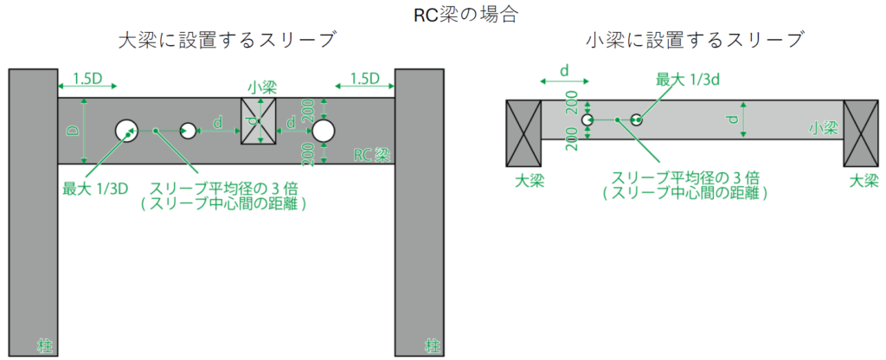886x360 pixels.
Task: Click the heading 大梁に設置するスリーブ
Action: coord(227,40)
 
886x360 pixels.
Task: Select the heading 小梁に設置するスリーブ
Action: coord(695,40)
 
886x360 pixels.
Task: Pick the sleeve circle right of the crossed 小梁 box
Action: coord(324,131)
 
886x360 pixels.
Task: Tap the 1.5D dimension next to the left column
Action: coord(87,79)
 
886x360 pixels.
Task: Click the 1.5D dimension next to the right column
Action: coord(364,79)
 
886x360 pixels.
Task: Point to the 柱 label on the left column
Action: coord(43,345)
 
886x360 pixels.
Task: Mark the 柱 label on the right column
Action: coord(431,345)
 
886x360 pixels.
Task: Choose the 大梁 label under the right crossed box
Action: coord(864,181)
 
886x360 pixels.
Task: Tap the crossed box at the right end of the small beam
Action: coord(861,132)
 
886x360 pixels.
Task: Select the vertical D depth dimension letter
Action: coord(74,131)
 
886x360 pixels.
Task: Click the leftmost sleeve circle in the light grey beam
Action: coord(587,119)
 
